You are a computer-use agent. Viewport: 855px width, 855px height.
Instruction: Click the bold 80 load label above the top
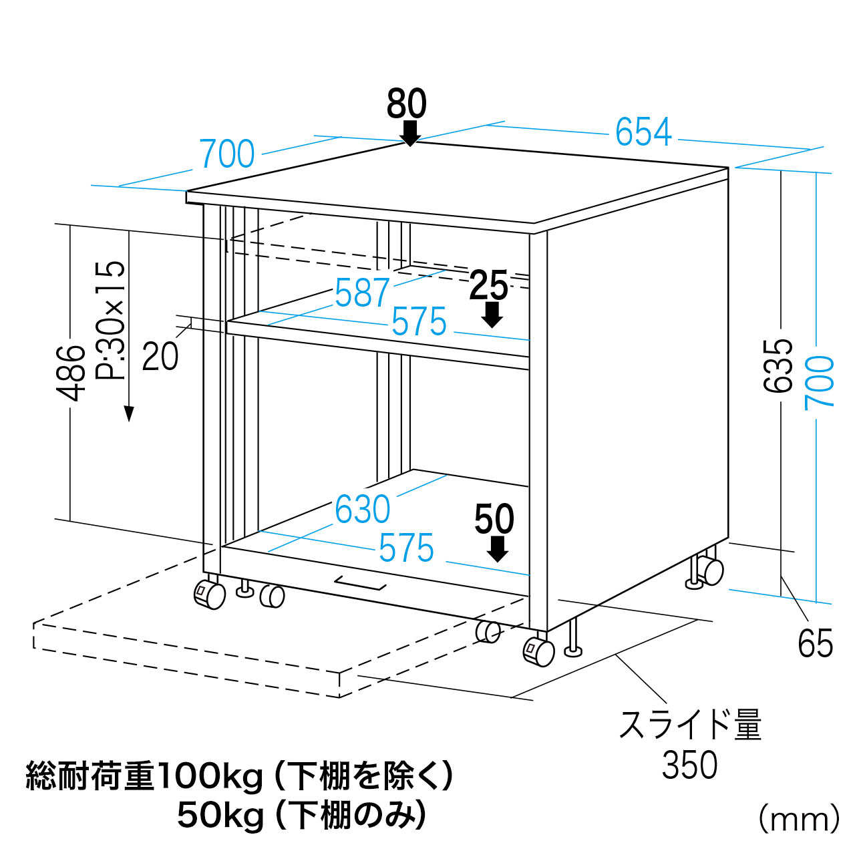point(406,104)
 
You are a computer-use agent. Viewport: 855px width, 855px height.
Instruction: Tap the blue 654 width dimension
point(643,132)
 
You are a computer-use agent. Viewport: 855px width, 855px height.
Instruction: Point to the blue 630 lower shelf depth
point(363,510)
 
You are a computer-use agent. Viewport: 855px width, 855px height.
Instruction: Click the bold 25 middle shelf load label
point(488,285)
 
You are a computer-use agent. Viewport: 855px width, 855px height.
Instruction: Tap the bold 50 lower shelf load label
point(494,518)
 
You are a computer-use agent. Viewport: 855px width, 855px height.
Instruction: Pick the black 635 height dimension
point(778,365)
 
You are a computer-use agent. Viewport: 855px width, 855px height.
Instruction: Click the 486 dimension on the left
point(71,373)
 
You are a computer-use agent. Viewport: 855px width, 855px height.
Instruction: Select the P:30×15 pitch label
point(110,320)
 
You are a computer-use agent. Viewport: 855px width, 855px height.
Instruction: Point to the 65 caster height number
point(816,643)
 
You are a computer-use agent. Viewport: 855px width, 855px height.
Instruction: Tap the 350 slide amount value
point(689,764)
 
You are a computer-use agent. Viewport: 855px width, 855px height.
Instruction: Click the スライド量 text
point(690,725)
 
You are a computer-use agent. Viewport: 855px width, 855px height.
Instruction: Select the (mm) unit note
point(799,820)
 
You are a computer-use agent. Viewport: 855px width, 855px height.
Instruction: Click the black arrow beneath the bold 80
point(410,134)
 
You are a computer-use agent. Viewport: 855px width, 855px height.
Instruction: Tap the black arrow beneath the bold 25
point(492,315)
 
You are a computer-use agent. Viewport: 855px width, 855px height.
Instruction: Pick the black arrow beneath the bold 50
point(497,549)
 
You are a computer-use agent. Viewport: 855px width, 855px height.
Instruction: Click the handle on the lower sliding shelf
point(360,583)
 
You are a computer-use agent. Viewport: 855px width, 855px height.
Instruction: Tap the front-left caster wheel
point(210,594)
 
